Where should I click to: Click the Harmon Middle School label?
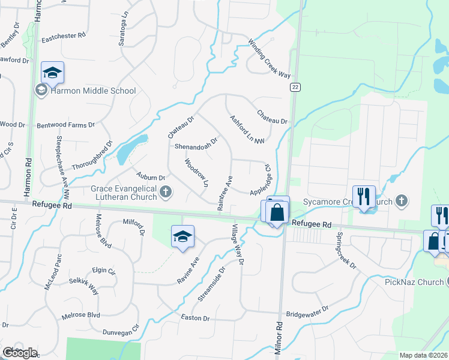(x=93, y=91)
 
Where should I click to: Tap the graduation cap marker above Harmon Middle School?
(x=52, y=73)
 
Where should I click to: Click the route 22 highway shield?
(x=295, y=87)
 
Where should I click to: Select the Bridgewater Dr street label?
(x=308, y=311)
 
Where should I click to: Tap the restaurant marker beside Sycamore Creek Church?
(x=363, y=196)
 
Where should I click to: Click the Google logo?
(x=20, y=353)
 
